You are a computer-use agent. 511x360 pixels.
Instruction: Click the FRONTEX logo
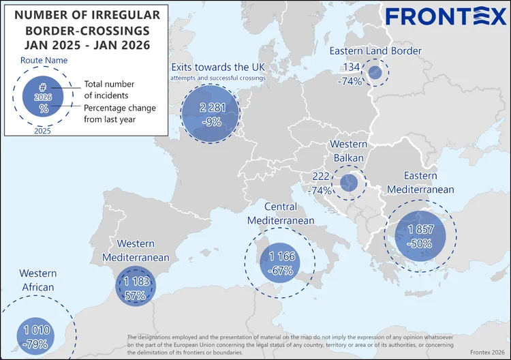442,17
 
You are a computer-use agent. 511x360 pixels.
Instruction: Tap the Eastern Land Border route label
375,51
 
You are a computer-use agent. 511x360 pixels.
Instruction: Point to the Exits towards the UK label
219,67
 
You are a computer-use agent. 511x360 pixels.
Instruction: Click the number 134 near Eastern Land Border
352,66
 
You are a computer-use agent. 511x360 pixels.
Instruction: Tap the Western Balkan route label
348,151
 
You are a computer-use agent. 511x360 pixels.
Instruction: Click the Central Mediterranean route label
281,213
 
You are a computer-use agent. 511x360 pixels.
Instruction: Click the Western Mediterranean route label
136,250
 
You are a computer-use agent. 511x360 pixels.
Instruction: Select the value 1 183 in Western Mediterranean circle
136,282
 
